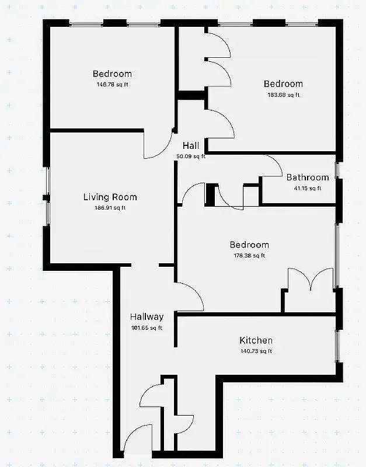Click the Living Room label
[110, 197]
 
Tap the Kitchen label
[256, 340]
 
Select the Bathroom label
[308, 177]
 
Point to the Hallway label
[147, 317]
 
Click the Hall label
[191, 146]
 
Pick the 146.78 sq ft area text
[112, 85]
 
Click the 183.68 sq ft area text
[283, 95]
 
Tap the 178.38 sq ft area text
[249, 256]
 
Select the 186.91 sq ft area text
[110, 208]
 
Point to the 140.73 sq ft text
[256, 351]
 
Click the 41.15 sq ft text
[308, 188]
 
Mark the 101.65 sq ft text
[147, 327]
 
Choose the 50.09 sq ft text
[191, 156]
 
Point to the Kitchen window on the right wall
[336, 344]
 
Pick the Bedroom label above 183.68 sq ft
[283, 84]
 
